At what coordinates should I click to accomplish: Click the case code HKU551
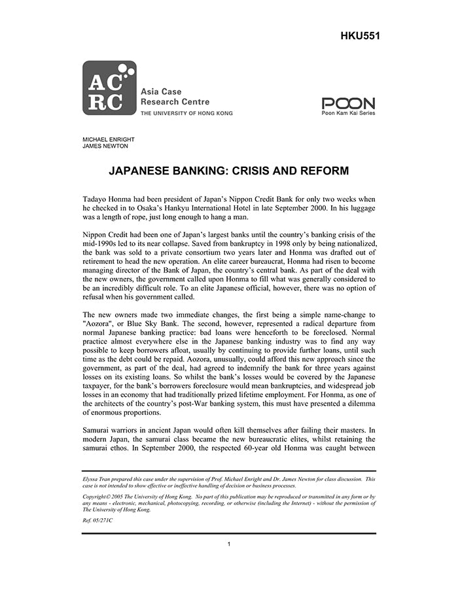tap(360, 35)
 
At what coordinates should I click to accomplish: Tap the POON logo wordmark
tap(348, 103)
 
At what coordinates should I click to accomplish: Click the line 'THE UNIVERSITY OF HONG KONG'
tap(186, 113)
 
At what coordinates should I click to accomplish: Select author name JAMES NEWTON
tap(102, 147)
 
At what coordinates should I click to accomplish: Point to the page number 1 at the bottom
tap(229, 544)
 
